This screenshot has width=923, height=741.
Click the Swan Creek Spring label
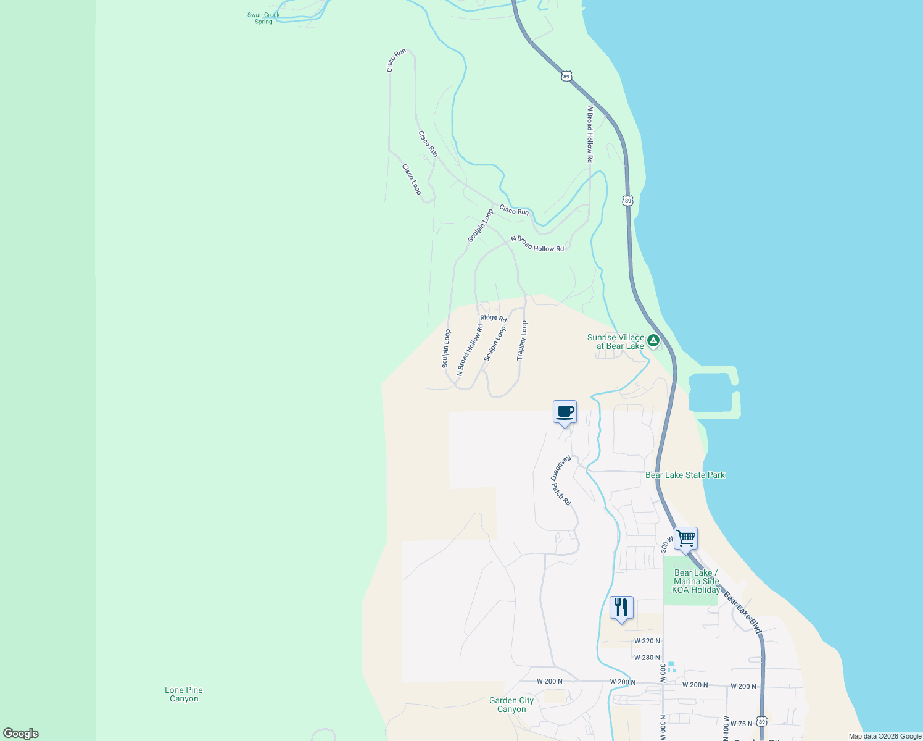[x=263, y=19]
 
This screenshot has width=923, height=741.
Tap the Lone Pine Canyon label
[x=184, y=694]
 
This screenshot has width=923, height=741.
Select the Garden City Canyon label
[x=511, y=705]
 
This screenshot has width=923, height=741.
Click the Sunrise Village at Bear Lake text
[x=616, y=341]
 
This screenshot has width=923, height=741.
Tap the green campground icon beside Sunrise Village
[x=653, y=340]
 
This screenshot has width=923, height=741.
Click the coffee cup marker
[x=565, y=412]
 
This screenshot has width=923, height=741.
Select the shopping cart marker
[x=685, y=538]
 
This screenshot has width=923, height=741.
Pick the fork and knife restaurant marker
[x=621, y=608]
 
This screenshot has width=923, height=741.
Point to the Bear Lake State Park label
[x=685, y=475]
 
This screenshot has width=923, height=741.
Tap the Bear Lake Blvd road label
[x=743, y=612]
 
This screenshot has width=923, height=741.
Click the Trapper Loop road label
[x=522, y=340]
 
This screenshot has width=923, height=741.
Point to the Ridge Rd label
[x=493, y=318]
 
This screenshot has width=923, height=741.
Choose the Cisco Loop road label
[x=412, y=179]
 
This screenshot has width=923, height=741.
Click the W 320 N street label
[x=647, y=641]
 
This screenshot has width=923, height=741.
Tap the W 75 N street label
[x=742, y=723]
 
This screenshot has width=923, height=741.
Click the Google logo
[x=21, y=733]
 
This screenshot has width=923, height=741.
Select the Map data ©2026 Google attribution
[x=885, y=736]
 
